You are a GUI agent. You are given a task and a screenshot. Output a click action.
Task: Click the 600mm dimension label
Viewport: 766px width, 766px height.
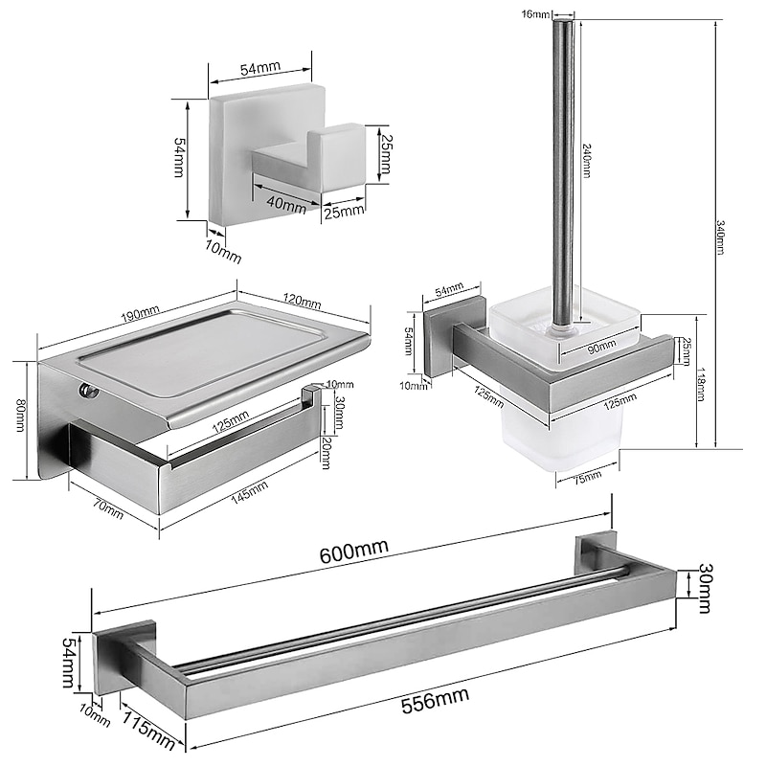click(x=354, y=551)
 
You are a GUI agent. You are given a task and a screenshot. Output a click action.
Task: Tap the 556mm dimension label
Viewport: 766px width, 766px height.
click(x=436, y=700)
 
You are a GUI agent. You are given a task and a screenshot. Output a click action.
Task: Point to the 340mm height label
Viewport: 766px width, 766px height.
click(x=721, y=237)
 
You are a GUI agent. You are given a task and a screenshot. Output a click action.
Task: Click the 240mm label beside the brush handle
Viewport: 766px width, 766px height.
click(x=587, y=160)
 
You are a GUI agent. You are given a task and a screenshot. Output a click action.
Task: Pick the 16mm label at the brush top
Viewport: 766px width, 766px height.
click(x=536, y=14)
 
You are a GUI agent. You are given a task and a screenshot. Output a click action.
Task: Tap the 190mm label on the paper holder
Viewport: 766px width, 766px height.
click(x=140, y=313)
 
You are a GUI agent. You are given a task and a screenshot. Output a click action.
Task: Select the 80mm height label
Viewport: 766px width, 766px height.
click(x=20, y=415)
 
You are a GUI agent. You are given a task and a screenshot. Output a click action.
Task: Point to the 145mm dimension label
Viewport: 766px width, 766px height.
click(x=250, y=491)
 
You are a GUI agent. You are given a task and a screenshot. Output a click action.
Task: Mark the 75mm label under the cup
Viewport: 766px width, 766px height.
click(x=587, y=476)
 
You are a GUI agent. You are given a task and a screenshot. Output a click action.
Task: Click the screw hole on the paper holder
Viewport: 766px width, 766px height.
click(x=88, y=390)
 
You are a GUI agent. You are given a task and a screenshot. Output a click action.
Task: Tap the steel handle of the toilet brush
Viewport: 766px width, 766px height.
click(x=564, y=176)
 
